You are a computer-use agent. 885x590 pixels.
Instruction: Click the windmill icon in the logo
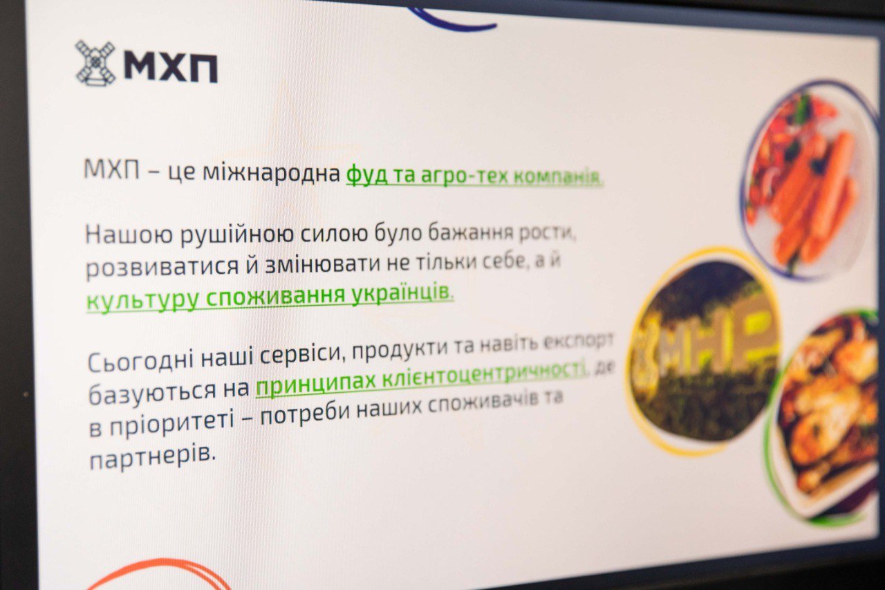point(95,63)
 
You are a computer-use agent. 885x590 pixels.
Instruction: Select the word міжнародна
point(272,173)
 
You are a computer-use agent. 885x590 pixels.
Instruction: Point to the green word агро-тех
point(464,176)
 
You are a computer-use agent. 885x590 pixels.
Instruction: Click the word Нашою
point(129,234)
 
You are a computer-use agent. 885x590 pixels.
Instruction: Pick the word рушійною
point(237,234)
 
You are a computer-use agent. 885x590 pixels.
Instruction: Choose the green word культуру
point(142,299)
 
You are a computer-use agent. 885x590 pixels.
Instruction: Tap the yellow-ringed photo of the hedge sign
point(702,351)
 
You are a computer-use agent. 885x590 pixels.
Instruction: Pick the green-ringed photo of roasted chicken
point(826,418)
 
